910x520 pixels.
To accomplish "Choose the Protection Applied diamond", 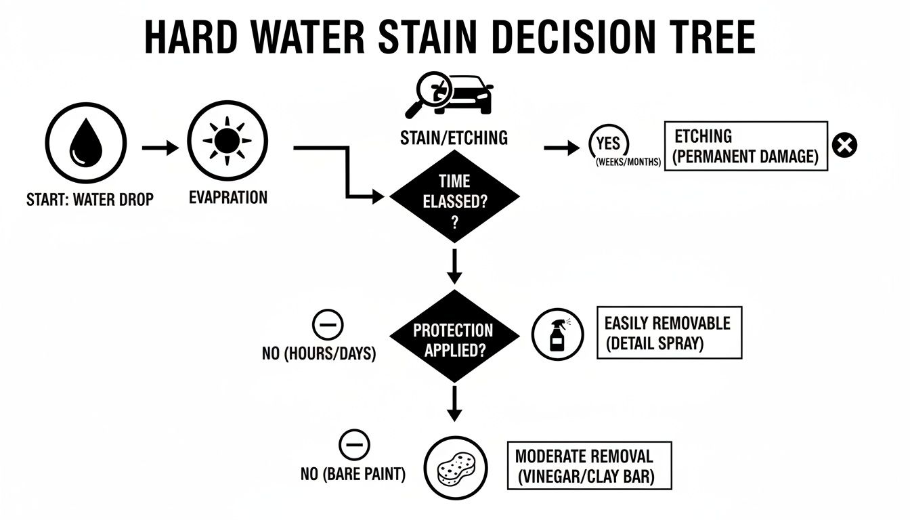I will tap(454, 337).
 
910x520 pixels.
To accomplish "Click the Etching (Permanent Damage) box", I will tap(746, 146).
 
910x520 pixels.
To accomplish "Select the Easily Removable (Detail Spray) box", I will tap(668, 332).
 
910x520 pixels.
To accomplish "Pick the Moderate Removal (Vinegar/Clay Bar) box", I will tap(589, 466).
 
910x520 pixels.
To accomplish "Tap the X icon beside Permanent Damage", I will tap(844, 146).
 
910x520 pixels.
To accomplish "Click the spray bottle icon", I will tap(557, 334).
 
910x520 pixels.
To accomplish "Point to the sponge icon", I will tap(456, 468).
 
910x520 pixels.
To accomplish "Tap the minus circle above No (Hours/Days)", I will tap(328, 326).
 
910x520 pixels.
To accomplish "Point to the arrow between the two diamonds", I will tap(454, 267).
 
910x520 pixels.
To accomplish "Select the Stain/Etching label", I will tap(454, 138).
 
